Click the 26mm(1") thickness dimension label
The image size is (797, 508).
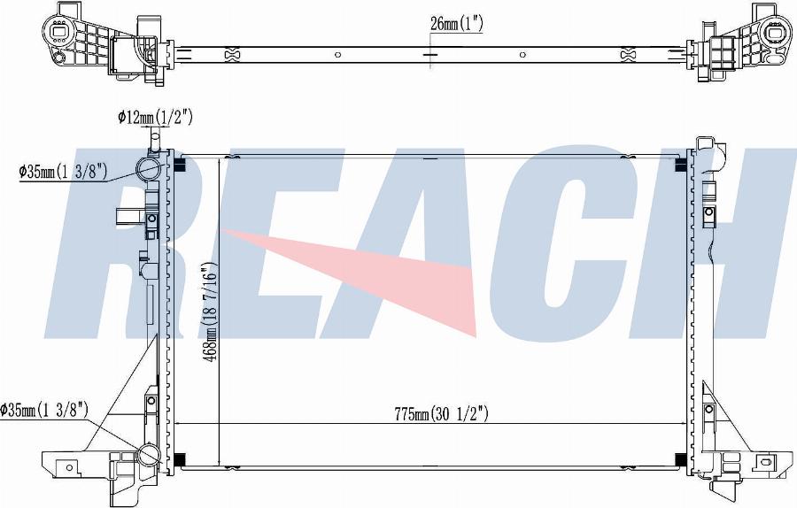tap(456, 23)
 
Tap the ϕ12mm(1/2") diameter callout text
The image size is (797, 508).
tap(155, 118)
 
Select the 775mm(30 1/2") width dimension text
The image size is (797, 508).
tap(442, 414)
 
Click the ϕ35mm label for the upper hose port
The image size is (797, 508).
tap(63, 173)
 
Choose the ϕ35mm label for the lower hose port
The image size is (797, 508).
tap(45, 410)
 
